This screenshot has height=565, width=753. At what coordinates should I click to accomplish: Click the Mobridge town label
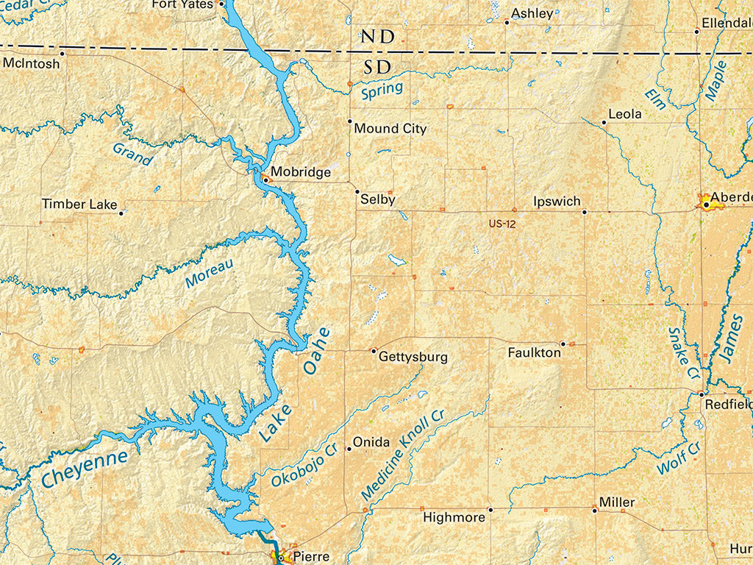[x=301, y=173]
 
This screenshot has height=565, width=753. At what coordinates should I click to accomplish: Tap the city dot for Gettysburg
[x=374, y=351]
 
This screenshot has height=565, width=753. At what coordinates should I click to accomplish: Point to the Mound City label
[x=390, y=129]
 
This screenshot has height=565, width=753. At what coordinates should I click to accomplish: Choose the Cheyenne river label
[x=85, y=468]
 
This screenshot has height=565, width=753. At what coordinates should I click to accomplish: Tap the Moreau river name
[x=209, y=273]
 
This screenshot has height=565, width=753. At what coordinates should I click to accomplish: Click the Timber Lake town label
[x=79, y=204]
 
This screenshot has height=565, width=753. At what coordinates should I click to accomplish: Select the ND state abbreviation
[x=377, y=37]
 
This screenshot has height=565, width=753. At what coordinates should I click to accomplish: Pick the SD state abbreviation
[x=377, y=68]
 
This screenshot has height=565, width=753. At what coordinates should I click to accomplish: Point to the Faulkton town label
[x=535, y=353]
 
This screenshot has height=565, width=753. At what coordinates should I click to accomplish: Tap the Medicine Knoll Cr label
[x=403, y=455]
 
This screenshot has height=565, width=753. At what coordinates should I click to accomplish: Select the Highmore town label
[x=454, y=518]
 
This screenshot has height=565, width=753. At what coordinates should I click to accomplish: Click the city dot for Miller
[x=595, y=509]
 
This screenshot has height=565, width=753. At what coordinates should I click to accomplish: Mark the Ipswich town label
[x=557, y=202]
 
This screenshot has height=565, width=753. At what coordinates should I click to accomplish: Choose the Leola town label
[x=625, y=114]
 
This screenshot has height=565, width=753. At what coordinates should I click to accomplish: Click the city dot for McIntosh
[x=62, y=53]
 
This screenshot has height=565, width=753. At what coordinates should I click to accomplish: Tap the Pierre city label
[x=310, y=557]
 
